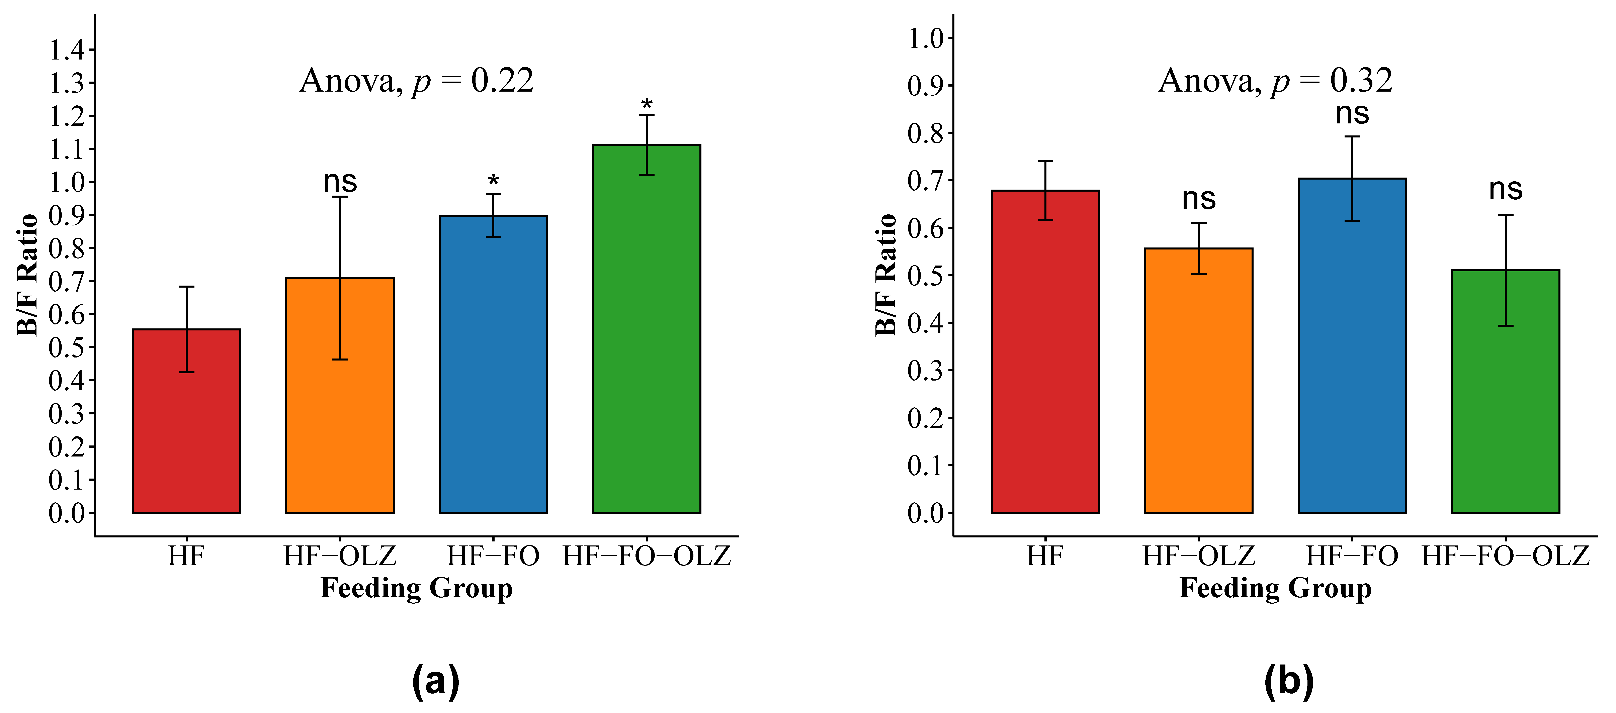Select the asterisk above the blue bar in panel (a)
point(493,181)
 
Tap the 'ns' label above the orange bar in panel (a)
point(340,182)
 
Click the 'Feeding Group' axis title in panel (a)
point(417,588)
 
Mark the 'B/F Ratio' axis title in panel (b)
point(886,275)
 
